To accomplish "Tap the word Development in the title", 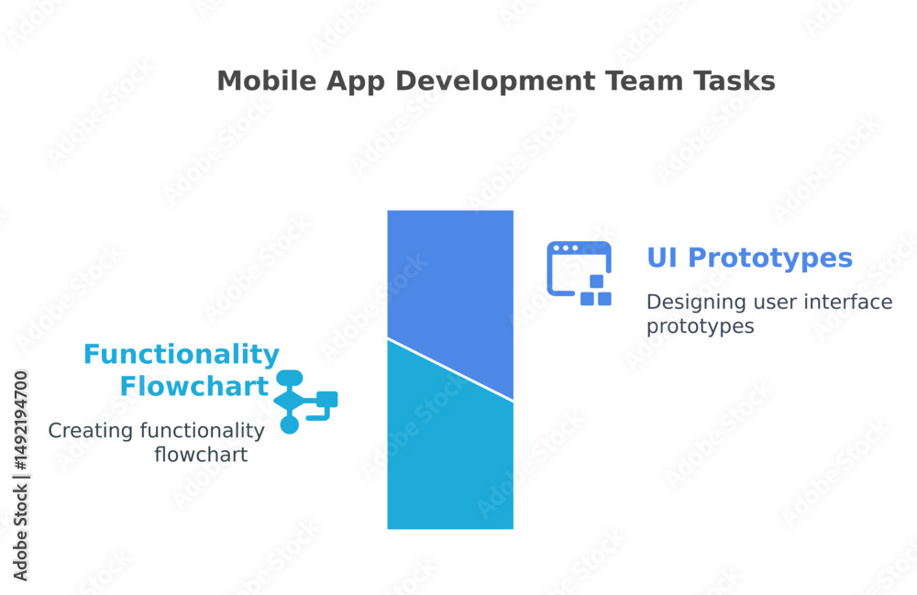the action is coord(495,82).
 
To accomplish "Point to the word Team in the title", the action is coord(644,81).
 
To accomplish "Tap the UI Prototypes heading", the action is coord(749,258).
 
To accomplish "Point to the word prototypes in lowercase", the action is coord(700,326).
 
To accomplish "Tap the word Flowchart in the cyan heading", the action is coord(194,386).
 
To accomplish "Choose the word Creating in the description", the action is coord(91,431).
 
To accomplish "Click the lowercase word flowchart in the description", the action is coord(201,454).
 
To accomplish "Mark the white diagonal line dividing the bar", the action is coord(450,369).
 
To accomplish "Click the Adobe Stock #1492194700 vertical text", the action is coord(21,476).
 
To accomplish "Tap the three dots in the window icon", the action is coord(566,248).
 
